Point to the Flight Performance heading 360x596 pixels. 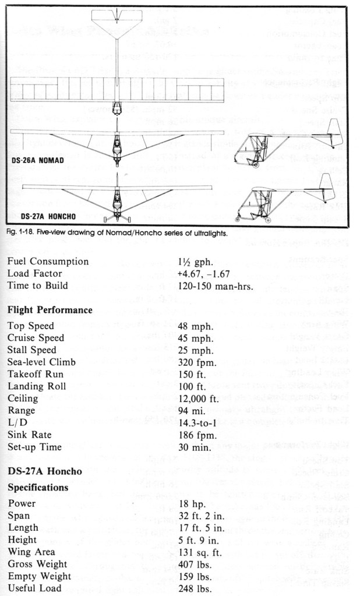[50, 310]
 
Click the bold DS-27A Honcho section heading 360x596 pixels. [44, 471]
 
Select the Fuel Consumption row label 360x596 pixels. [48, 262]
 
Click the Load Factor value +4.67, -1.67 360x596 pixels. [209, 273]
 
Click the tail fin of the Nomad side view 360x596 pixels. [334, 129]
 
